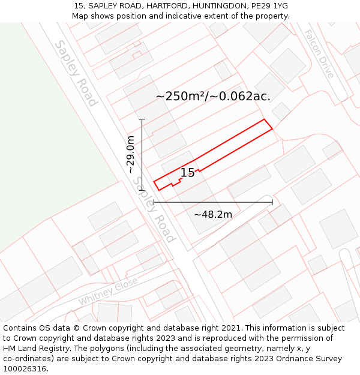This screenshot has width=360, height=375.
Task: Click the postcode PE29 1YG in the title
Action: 268,5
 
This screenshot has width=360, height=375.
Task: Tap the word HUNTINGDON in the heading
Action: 217,5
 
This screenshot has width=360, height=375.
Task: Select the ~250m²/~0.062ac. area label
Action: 213,96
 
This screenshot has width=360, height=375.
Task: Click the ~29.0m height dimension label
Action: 131,154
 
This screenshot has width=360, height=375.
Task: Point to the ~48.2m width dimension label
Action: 213,214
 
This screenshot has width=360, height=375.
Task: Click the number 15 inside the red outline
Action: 187,173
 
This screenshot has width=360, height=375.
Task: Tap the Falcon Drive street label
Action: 318,54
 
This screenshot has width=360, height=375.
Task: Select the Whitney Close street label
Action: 108,291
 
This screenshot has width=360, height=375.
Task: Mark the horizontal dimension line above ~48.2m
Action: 213,202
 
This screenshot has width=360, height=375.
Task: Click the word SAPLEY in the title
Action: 104,5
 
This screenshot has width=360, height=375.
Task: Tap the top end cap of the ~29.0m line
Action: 142,119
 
